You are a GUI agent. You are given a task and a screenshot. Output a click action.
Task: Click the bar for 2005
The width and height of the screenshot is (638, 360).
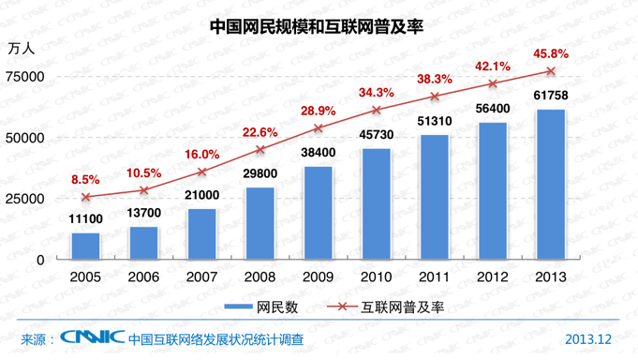point(85,246)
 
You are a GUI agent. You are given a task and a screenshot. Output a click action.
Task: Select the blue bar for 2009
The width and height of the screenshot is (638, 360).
point(319,213)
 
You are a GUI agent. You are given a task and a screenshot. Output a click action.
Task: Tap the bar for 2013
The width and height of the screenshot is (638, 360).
point(551,185)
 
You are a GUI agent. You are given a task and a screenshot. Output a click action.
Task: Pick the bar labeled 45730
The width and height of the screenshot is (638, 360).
point(377,203)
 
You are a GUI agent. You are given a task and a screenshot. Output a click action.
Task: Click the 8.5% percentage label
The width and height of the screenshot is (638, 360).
point(86,178)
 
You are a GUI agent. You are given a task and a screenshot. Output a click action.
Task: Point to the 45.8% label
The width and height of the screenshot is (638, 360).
point(550,52)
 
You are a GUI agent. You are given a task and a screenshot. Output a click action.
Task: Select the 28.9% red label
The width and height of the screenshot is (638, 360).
point(318,112)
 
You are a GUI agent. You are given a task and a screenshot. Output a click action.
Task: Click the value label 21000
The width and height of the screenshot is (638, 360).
point(201,195)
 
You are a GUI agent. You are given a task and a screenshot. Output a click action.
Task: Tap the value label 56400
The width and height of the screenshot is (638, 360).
point(493,109)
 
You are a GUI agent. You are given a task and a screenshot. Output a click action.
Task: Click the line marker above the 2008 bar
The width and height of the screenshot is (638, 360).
point(260,149)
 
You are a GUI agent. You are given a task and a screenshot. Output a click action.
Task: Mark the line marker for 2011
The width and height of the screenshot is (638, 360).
point(435,97)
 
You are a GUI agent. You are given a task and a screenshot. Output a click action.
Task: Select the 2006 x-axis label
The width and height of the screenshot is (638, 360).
point(143,277)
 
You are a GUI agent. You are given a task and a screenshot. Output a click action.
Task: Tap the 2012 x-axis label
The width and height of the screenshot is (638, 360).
point(493,277)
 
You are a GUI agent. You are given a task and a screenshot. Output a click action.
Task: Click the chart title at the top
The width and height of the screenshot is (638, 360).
point(319,25)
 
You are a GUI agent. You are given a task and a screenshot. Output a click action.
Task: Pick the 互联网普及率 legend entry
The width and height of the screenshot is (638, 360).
point(385,307)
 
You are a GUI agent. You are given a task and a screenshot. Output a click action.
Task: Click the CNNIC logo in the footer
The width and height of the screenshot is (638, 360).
point(92,338)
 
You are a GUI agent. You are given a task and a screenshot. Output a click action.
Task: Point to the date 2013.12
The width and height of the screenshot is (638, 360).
point(588,338)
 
